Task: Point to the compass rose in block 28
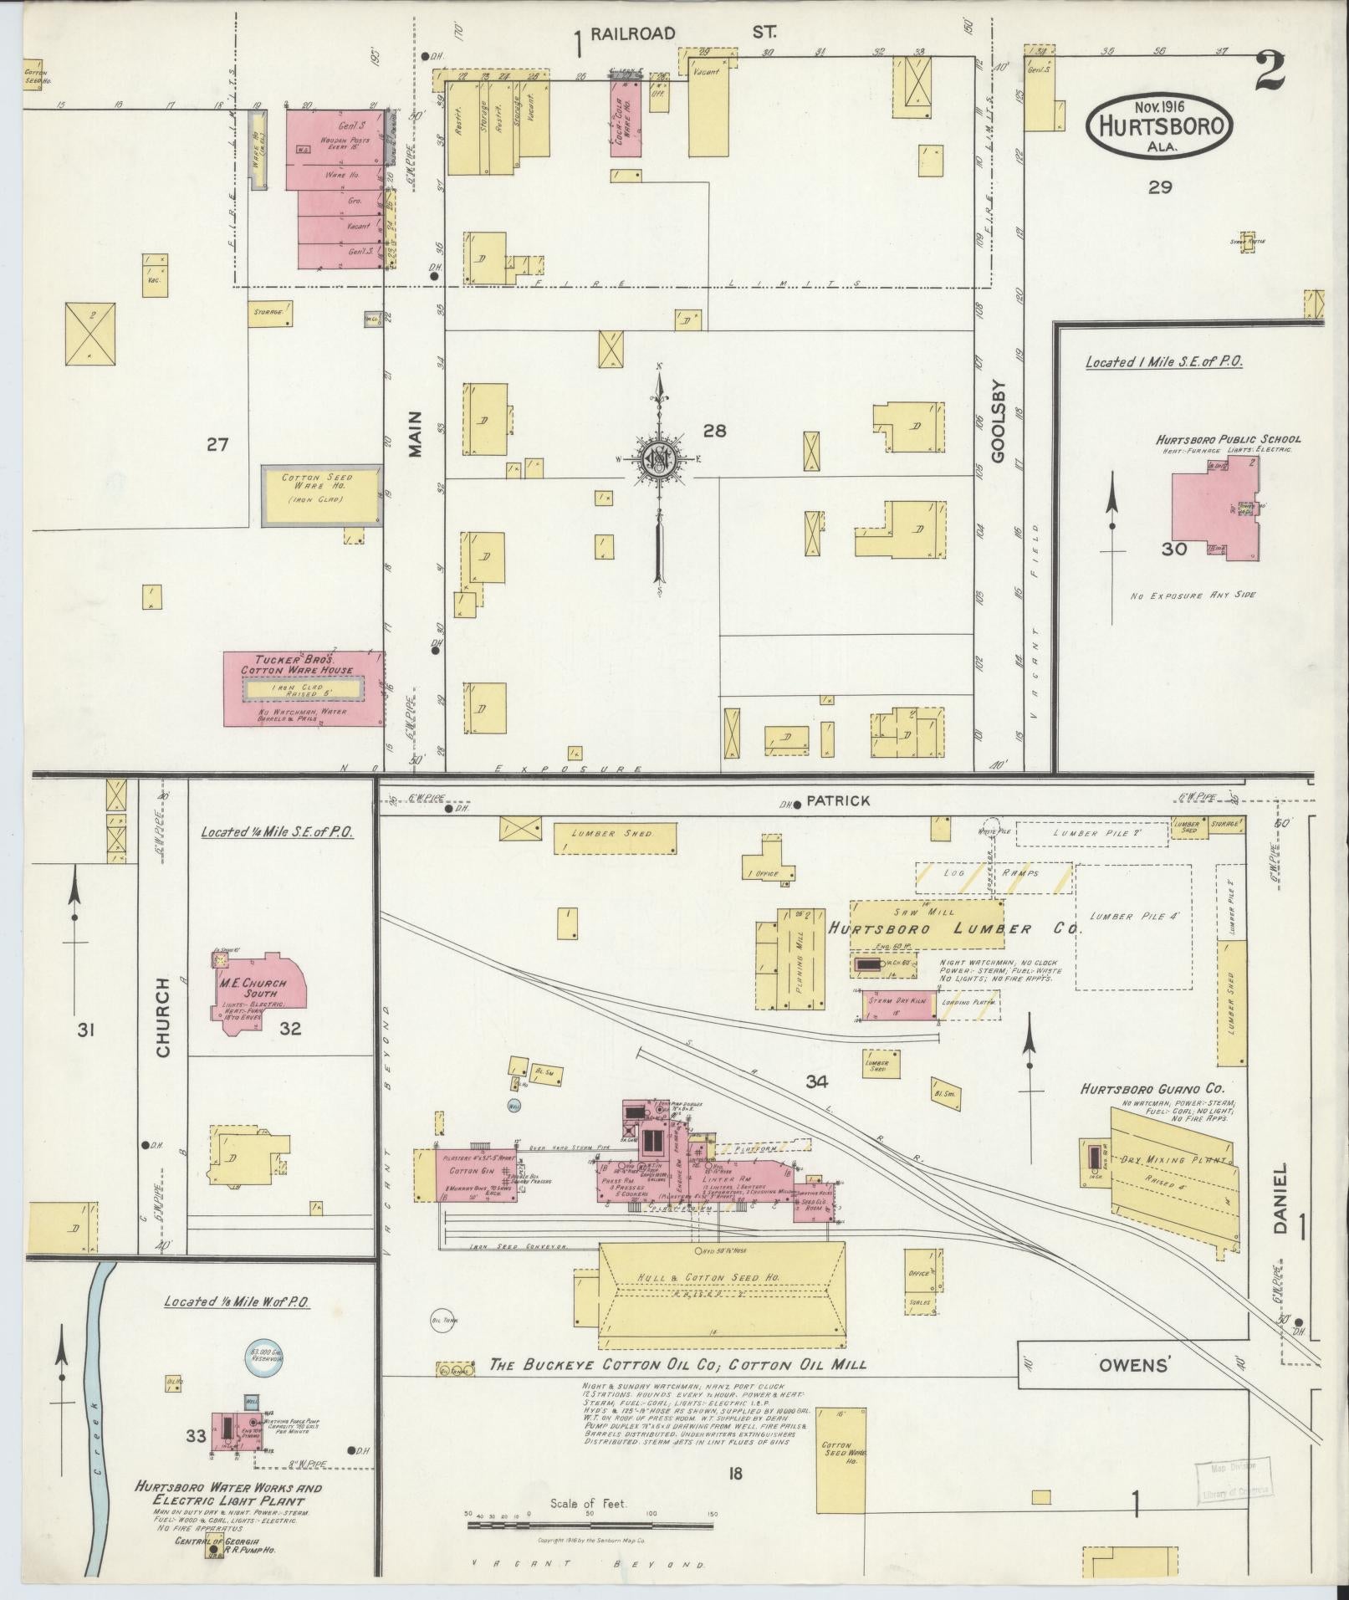659,458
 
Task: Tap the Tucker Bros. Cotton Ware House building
303,688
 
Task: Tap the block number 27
217,445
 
